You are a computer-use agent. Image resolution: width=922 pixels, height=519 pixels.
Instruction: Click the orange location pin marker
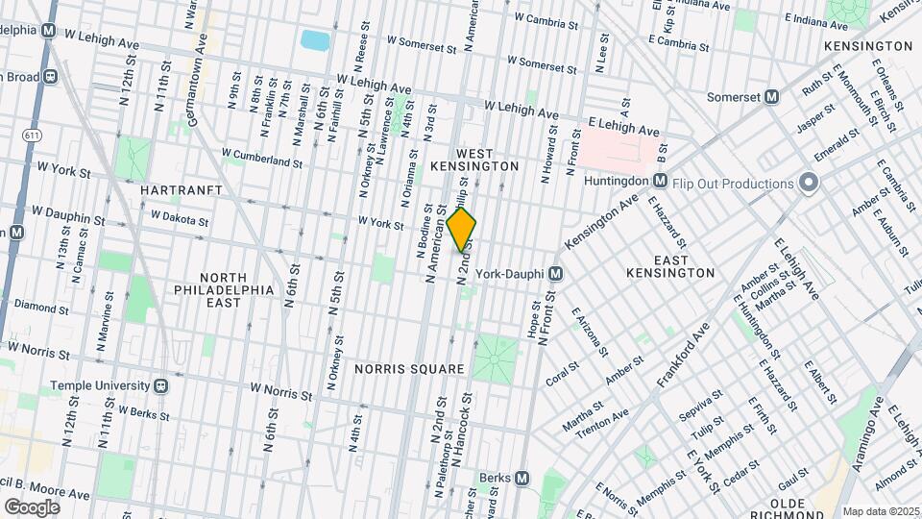click(461, 229)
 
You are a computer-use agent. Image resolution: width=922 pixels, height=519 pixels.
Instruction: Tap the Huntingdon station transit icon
click(660, 181)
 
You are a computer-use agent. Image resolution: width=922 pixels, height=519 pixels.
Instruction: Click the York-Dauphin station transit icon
click(555, 274)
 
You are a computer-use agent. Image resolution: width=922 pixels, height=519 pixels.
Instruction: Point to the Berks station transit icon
click(522, 478)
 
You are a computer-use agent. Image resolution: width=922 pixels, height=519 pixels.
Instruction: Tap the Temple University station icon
click(161, 385)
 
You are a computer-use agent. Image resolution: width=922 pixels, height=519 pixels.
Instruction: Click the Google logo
click(32, 507)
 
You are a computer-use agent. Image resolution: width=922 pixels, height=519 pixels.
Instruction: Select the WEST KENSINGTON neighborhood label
click(487, 160)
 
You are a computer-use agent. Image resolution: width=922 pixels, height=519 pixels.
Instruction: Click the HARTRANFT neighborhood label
click(182, 191)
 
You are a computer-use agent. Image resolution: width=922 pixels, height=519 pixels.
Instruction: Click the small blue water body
click(314, 40)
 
